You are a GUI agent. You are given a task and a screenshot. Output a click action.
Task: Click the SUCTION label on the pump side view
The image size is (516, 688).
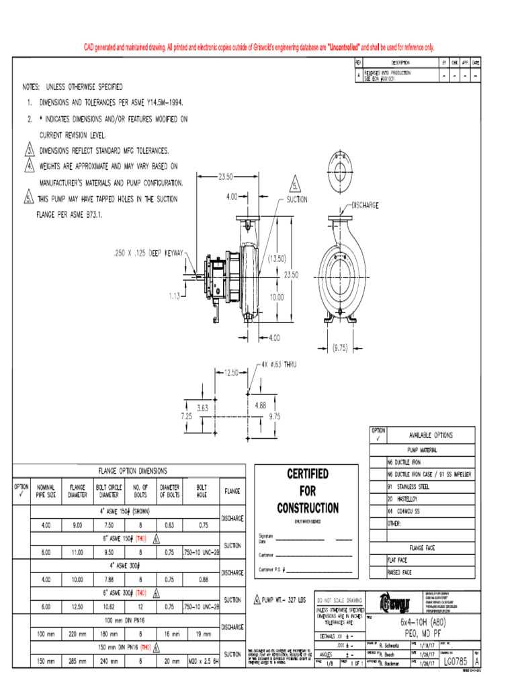click(297, 200)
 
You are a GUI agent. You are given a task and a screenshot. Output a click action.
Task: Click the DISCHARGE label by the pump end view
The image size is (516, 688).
click(365, 206)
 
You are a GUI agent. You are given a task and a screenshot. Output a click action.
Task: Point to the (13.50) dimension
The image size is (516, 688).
click(277, 257)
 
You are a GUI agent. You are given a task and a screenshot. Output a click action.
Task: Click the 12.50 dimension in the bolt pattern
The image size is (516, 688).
click(232, 372)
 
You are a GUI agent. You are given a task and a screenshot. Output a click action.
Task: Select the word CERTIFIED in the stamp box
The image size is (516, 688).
click(308, 474)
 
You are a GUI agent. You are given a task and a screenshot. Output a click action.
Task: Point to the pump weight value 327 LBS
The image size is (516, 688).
click(286, 599)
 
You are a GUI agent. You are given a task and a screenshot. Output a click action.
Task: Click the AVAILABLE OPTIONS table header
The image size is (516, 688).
click(431, 435)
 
